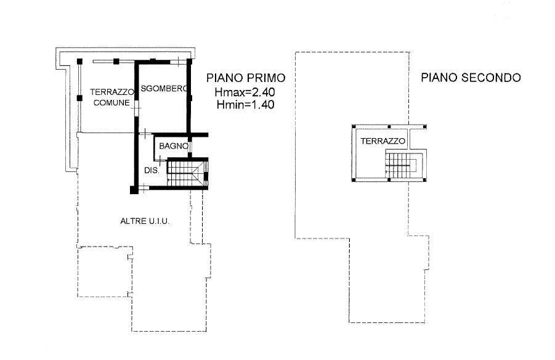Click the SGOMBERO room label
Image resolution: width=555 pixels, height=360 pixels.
[163, 89]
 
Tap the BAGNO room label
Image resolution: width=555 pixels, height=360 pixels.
[174, 146]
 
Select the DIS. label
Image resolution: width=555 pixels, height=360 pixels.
[152, 170]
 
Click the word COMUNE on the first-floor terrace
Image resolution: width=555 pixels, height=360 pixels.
[111, 103]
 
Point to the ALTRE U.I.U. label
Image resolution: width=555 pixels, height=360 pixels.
[145, 221]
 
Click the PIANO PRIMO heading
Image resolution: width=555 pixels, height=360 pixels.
[246, 78]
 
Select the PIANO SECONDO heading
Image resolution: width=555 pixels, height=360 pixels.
[471, 78]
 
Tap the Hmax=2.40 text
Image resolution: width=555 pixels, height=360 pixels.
[245, 92]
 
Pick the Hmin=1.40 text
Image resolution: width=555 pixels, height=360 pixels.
[246, 105]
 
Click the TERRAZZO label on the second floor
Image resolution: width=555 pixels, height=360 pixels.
[383, 141]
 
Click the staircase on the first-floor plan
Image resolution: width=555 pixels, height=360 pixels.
[187, 173]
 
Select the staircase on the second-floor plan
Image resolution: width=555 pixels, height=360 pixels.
[402, 165]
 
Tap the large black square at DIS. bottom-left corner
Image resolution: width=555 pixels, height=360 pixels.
[134, 190]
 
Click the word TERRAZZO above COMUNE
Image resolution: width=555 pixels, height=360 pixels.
[112, 92]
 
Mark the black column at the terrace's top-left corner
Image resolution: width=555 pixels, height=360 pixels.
[79, 61]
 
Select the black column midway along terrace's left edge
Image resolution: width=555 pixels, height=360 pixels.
[79, 98]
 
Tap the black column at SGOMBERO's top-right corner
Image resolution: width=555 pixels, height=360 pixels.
[189, 61]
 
